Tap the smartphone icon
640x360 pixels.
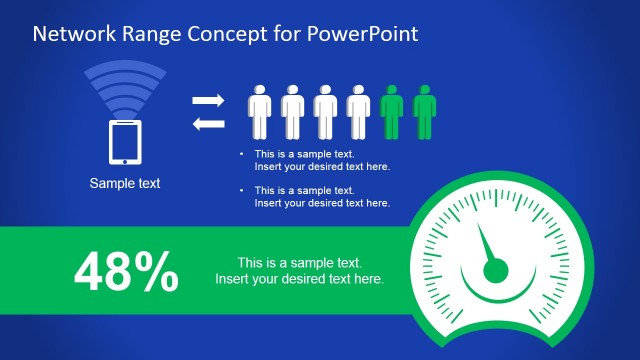125,141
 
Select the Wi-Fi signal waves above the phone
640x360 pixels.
125,88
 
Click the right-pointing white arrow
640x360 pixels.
208,100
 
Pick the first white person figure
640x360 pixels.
260,111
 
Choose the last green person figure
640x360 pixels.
425,111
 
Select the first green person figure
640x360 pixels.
393,111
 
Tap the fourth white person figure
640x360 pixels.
358,111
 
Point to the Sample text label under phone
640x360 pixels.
125,183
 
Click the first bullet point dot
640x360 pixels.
241,154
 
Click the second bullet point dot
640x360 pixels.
241,190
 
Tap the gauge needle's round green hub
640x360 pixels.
493,270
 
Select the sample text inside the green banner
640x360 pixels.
300,270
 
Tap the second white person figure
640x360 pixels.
292,111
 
